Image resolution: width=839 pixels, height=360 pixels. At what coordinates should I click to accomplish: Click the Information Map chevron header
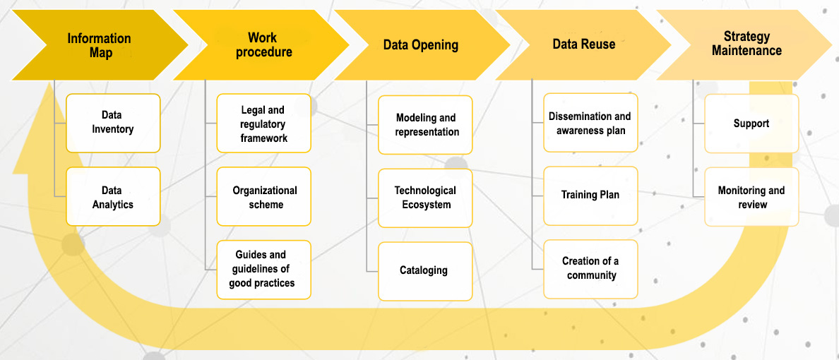click(x=100, y=45)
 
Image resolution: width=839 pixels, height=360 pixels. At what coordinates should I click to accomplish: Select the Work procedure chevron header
click(x=262, y=45)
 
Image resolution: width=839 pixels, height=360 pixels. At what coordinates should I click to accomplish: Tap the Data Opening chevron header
click(x=421, y=45)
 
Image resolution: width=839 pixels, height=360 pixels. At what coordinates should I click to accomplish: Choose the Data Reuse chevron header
click(x=584, y=45)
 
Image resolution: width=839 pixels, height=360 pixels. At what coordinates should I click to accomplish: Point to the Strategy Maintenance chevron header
click(x=746, y=45)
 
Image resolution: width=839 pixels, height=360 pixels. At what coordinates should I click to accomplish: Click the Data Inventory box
click(x=113, y=123)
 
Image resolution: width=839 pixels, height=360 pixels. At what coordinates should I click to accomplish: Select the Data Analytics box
click(x=113, y=196)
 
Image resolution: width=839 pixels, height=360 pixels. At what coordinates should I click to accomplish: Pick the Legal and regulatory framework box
click(x=264, y=124)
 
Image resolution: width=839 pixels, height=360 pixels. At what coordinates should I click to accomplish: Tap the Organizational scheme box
click(x=264, y=197)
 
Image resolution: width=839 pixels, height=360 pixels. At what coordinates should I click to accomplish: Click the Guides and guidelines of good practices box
click(x=264, y=270)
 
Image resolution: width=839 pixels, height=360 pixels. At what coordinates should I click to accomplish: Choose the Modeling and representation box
click(x=425, y=125)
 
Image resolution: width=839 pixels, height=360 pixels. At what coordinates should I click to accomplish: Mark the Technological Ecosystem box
click(x=425, y=198)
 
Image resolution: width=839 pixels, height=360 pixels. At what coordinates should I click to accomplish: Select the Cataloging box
click(x=425, y=271)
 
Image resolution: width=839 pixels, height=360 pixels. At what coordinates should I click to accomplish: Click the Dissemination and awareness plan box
click(x=590, y=123)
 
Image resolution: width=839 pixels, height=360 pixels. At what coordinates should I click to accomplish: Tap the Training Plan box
click(x=590, y=196)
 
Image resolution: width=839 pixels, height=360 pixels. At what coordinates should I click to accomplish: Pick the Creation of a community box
click(x=590, y=269)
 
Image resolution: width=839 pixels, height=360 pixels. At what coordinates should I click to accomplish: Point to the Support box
click(x=752, y=124)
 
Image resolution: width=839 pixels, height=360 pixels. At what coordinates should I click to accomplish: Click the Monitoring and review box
click(x=752, y=197)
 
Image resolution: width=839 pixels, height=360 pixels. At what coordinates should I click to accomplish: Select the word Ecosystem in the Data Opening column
click(x=426, y=204)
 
